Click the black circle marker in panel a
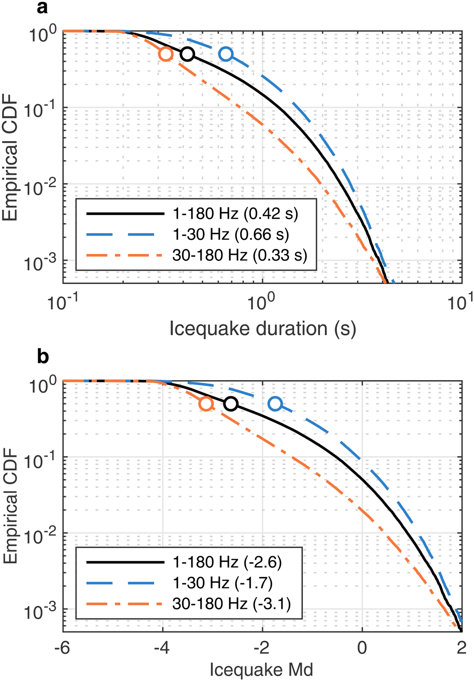tap(187, 54)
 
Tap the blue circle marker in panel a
tap(226, 54)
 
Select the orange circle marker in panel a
tap(166, 54)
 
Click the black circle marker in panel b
tap(231, 404)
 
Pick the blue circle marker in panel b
tap(275, 404)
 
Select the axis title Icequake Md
tap(261, 670)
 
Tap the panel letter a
tap(42, 7)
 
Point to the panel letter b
tap(43, 357)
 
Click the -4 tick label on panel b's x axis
tap(162, 648)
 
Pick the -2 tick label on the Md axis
tap(262, 648)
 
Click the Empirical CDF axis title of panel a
tap(10, 158)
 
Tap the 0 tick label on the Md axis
tap(362, 648)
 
